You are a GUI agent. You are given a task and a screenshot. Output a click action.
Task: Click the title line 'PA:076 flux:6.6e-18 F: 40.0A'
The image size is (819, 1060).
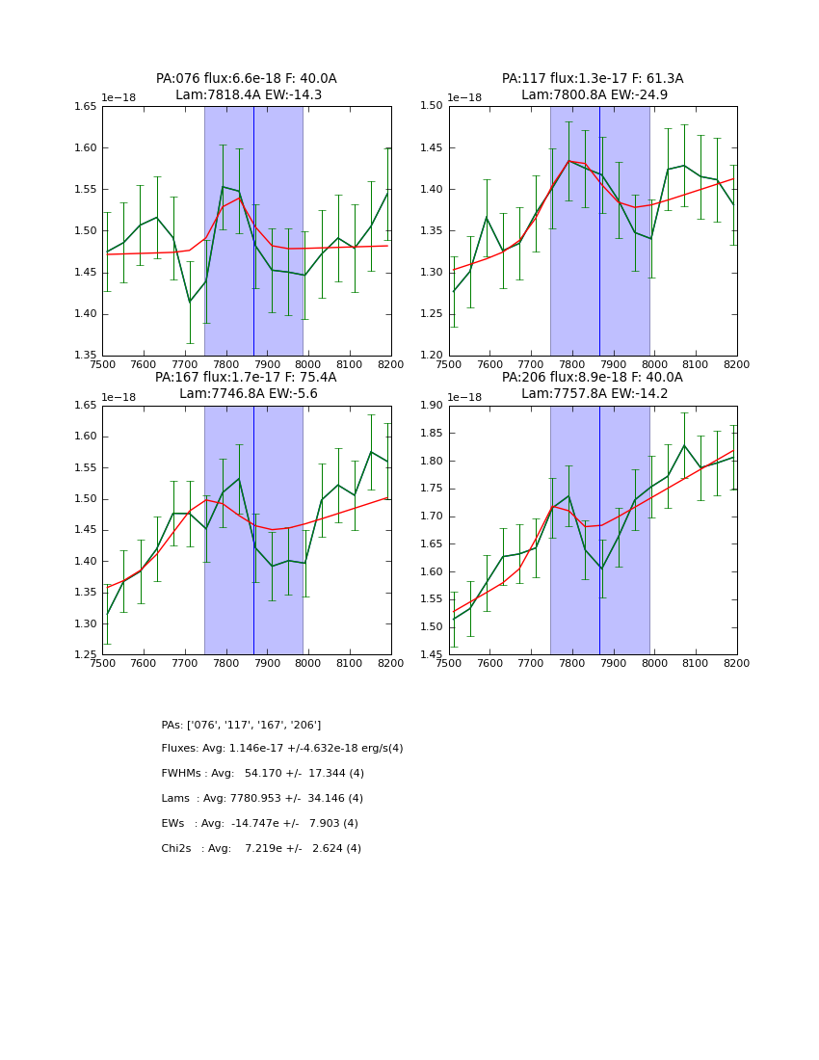coord(247,79)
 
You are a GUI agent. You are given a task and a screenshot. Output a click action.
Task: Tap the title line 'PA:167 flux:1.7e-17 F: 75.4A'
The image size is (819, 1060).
coord(246,378)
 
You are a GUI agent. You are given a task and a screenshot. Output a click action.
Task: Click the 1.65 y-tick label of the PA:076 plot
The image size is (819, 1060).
coord(86,107)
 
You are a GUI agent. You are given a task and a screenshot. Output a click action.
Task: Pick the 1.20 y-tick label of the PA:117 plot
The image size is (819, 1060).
coord(432,356)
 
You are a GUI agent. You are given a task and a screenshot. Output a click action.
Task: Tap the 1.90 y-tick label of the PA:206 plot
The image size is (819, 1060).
coord(432,406)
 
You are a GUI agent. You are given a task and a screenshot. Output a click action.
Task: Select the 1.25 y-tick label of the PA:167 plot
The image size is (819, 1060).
coord(86,655)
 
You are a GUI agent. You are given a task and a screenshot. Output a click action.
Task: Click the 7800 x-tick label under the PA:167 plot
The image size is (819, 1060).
coord(225,663)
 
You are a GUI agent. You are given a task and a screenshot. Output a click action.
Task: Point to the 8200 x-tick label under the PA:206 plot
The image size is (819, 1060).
coord(736,663)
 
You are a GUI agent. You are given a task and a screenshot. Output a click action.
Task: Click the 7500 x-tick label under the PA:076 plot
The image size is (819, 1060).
coord(102,364)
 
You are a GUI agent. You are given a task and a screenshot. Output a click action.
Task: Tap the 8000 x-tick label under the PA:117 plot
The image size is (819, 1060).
coord(654,364)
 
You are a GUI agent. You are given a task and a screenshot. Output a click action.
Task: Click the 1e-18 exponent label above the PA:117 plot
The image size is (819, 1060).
coord(464,98)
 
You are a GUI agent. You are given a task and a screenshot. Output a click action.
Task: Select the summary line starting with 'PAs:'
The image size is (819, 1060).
coord(241,725)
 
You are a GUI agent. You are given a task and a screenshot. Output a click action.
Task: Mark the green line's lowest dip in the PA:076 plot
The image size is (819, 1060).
coord(190,302)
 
